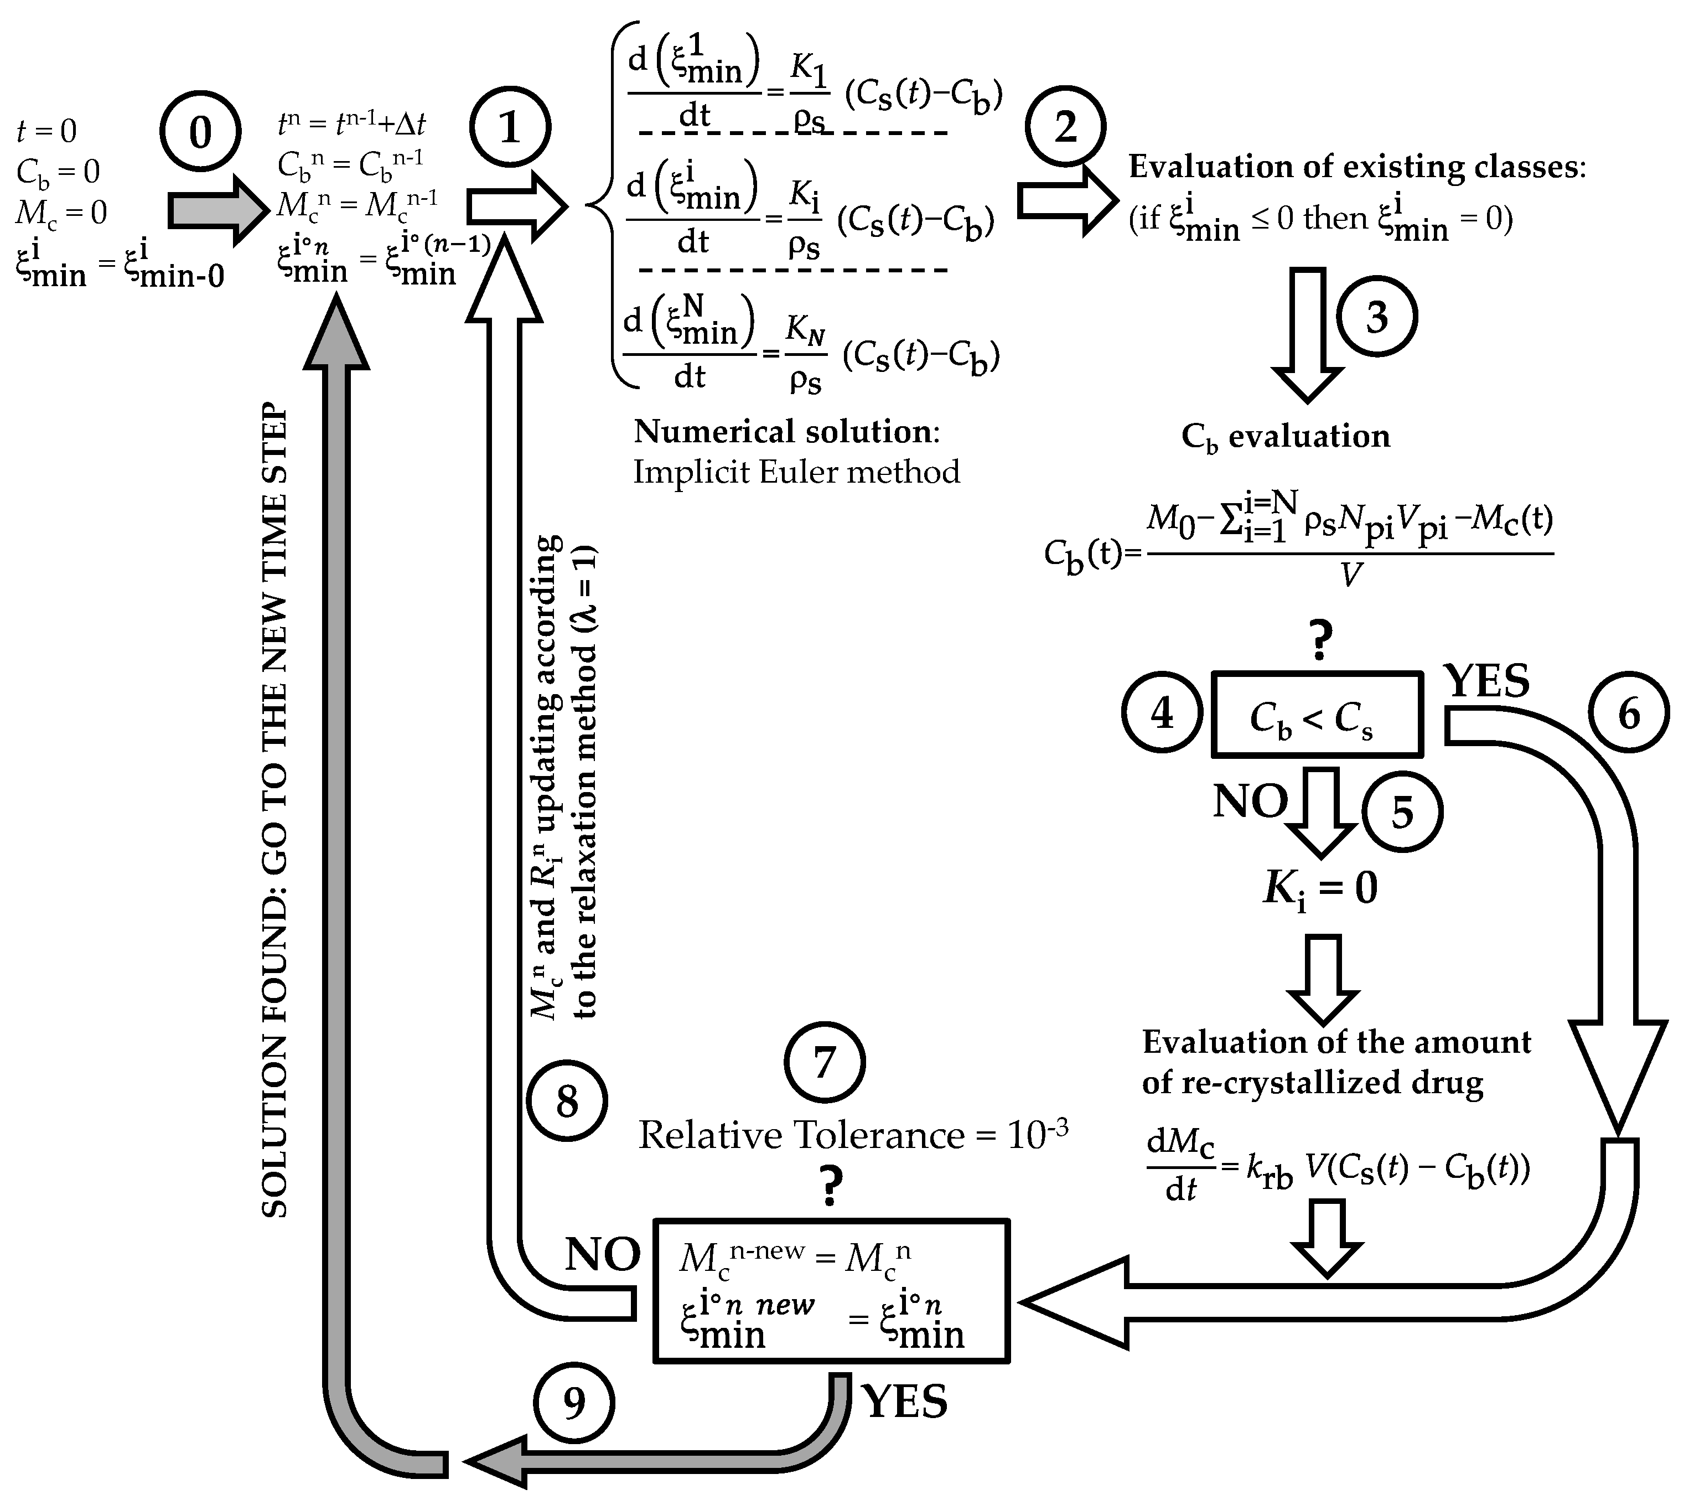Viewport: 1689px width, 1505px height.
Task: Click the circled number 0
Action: [x=200, y=132]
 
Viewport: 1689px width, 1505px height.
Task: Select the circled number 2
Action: [x=1065, y=127]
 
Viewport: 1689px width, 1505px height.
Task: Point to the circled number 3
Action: [x=1376, y=317]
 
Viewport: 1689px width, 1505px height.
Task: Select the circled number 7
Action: [x=824, y=1063]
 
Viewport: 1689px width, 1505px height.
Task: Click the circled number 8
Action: [x=567, y=1102]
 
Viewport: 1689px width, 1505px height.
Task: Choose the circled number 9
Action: [x=574, y=1403]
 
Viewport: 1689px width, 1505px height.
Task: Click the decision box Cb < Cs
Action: [x=1317, y=715]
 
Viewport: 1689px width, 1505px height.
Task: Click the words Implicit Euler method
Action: [x=796, y=472]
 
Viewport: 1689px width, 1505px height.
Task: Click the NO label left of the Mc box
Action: [x=603, y=1254]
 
